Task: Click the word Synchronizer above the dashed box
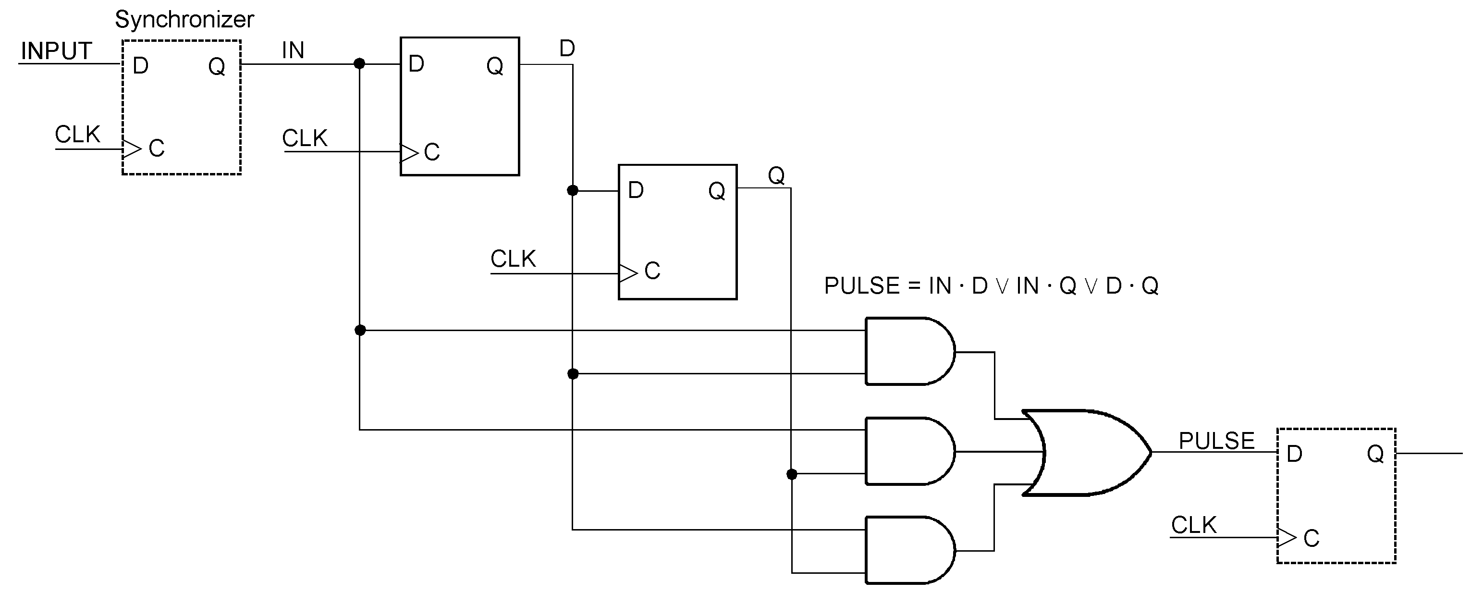point(184,19)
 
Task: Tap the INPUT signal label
point(56,51)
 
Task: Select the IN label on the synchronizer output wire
point(293,50)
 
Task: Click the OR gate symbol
point(1085,453)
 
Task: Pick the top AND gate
point(908,351)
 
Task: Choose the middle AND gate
point(908,451)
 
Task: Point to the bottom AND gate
point(908,551)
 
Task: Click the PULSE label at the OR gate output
point(1216,441)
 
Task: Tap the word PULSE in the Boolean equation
point(862,285)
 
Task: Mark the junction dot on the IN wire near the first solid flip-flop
point(359,63)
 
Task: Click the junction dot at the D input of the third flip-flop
point(573,190)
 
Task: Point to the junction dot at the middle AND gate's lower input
point(791,474)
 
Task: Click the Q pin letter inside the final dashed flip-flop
point(1375,454)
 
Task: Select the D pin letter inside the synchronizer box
point(140,66)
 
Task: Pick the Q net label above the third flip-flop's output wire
point(776,175)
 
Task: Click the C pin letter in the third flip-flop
point(652,271)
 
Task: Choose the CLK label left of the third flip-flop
point(513,259)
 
